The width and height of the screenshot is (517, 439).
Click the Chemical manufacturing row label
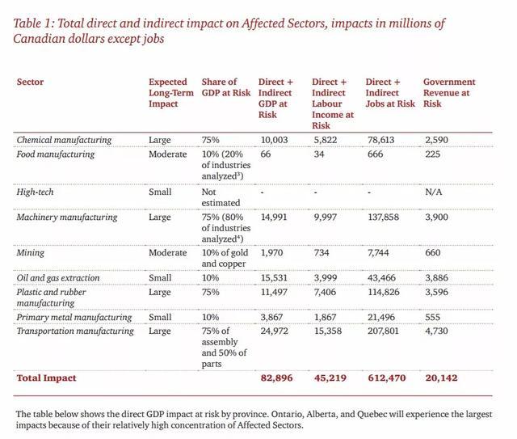pos(64,140)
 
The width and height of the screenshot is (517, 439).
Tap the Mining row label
pos(32,253)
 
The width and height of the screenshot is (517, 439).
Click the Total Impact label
pos(47,378)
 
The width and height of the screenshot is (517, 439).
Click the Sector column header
pos(30,82)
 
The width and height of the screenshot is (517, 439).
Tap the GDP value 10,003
pos(274,140)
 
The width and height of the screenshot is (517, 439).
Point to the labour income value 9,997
pos(328,217)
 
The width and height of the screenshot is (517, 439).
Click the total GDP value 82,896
pos(276,378)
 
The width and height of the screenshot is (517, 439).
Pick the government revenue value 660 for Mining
pos(432,253)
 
